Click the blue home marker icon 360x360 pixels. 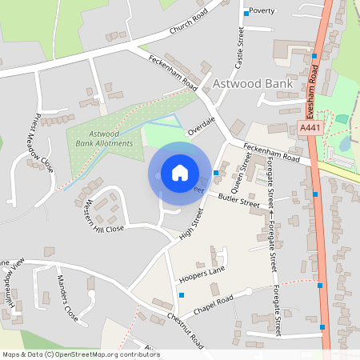[180, 173]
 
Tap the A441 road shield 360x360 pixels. [310, 128]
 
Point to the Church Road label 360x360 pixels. [188, 22]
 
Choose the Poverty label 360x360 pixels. [262, 11]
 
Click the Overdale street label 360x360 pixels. [202, 123]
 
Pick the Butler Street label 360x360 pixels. [239, 200]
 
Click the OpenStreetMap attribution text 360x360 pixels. [80, 354]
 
